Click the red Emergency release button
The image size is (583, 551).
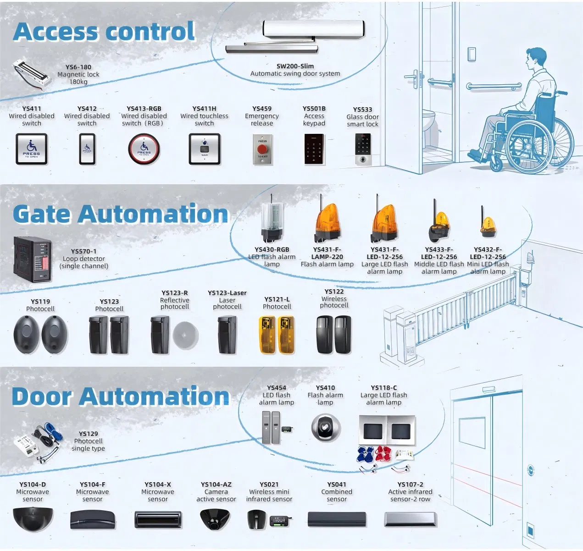pyautogui.click(x=262, y=149)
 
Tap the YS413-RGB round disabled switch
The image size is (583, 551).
pyautogui.click(x=144, y=149)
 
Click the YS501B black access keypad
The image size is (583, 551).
pyautogui.click(x=314, y=149)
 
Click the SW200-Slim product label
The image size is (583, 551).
pyautogui.click(x=295, y=66)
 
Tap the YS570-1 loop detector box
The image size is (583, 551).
pyautogui.click(x=32, y=259)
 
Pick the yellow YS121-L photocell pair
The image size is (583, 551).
pyautogui.click(x=277, y=335)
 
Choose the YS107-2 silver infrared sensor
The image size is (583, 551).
pyautogui.click(x=410, y=519)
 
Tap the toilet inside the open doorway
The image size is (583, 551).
pyautogui.click(x=428, y=122)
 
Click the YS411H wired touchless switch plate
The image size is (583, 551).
pyautogui.click(x=205, y=149)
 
